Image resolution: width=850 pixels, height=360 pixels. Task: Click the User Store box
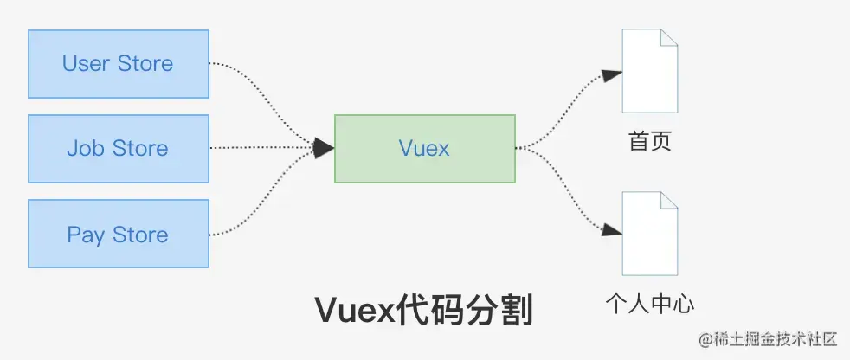point(119,64)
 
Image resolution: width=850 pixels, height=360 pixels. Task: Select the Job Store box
point(119,149)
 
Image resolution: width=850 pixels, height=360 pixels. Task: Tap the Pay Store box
point(119,235)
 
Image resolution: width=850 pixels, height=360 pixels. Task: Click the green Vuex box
point(424,149)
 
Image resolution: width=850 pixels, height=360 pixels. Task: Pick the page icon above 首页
point(649,71)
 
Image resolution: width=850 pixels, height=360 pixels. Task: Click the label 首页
point(650,142)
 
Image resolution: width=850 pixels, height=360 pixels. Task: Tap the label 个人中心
point(650,304)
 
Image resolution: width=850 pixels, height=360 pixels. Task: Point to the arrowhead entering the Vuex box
point(324,149)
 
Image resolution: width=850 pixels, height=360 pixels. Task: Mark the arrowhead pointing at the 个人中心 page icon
point(613,230)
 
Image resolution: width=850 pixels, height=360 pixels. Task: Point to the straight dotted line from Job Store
point(260,149)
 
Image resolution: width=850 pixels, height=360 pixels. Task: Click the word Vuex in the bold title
point(348,309)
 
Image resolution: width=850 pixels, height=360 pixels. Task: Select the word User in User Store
point(85,64)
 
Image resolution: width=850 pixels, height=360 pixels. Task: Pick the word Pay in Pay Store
point(86,235)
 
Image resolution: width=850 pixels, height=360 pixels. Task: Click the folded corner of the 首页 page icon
point(668,38)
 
